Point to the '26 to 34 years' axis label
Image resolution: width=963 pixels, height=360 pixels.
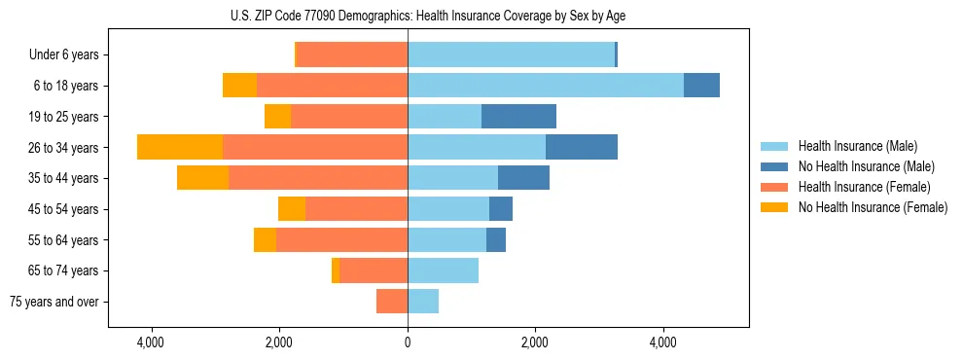click(63, 148)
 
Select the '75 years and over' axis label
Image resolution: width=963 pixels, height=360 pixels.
click(54, 302)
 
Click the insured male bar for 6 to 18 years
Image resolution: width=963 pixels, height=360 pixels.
click(545, 86)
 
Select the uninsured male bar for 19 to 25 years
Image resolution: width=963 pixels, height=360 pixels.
click(518, 117)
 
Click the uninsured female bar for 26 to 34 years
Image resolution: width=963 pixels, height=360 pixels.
click(180, 147)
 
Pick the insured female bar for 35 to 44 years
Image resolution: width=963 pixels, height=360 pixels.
click(318, 178)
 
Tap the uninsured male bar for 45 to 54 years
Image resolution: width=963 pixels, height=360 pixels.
click(501, 209)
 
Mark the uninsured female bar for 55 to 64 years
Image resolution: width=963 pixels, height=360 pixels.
click(265, 240)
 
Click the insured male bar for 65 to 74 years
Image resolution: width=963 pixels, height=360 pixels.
click(443, 270)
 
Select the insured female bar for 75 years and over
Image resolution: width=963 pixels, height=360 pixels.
click(392, 302)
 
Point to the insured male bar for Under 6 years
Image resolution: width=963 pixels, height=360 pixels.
click(511, 54)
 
